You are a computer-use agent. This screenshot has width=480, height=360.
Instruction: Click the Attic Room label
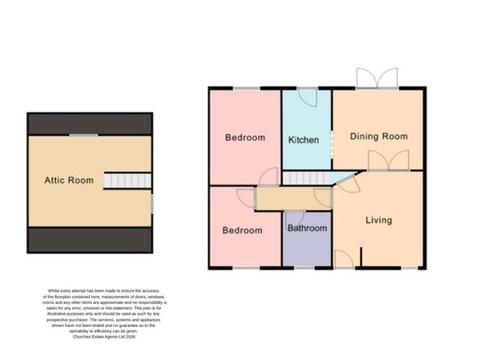coord(69,180)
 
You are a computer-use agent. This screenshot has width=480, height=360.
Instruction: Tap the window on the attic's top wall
coord(83,134)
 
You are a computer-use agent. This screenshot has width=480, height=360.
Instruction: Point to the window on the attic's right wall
coord(152,202)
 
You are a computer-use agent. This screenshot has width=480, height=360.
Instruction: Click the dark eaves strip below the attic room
coord(90,239)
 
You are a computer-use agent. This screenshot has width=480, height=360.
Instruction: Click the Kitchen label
coord(303,140)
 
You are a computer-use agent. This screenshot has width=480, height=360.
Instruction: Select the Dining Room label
coord(379,136)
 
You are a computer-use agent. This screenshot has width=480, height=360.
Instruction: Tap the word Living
coord(378,220)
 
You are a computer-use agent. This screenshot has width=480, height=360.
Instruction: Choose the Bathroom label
coord(307,229)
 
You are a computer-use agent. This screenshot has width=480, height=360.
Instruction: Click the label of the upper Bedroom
coord(244,137)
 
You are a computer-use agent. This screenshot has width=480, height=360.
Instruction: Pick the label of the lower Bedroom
coord(241,231)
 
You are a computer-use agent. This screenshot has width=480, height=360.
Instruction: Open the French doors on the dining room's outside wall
coord(377,78)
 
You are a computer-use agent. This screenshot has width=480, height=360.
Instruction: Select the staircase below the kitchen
coord(304,177)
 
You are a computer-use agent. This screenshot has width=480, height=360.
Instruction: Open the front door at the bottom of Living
coord(344,258)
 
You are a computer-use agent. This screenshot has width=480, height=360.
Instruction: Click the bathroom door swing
coord(295,217)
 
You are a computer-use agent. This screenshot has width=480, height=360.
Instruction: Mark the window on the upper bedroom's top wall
coord(246,88)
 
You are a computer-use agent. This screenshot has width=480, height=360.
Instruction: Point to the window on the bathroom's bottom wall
coord(304,268)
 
